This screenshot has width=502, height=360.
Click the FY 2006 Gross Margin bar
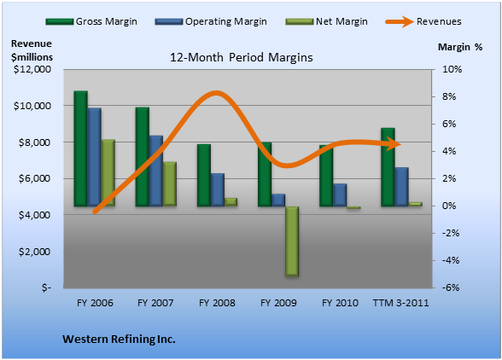point(80,148)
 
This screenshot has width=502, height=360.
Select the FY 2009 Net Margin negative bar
point(292,241)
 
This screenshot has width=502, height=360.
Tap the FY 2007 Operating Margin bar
point(156,171)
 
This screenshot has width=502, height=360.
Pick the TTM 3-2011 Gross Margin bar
point(388,167)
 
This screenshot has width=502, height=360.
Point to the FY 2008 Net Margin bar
point(231,202)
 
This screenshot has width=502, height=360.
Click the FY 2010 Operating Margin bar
point(340,195)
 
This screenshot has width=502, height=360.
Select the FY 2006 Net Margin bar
point(108,173)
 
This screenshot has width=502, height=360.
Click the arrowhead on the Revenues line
point(394,144)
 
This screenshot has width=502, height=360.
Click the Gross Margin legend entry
point(91,21)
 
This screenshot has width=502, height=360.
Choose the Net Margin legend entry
point(326,21)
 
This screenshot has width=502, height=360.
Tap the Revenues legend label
point(439,21)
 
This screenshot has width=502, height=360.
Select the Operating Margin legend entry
point(211,21)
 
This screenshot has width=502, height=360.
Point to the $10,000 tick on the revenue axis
point(32,106)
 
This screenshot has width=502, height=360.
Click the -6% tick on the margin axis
point(451,287)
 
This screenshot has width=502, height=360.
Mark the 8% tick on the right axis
point(449,96)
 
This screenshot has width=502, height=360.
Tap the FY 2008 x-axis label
point(217,303)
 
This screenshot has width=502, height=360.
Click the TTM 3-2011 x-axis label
point(401,303)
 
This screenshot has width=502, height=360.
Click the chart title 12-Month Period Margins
point(242,58)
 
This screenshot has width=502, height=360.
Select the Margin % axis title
point(460,47)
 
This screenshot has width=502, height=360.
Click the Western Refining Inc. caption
point(119,340)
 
